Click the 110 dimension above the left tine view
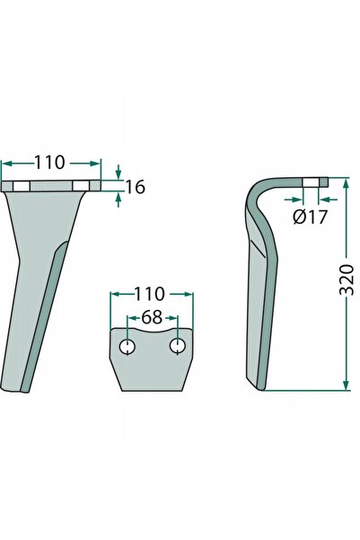(49, 163)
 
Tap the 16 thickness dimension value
(135, 187)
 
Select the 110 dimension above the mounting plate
(149, 294)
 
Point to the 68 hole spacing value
(152, 317)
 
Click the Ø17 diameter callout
(310, 217)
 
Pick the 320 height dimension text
(347, 280)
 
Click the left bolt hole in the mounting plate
(127, 347)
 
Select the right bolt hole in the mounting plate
(178, 346)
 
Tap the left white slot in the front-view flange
(22, 187)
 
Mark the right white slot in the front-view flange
(81, 187)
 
